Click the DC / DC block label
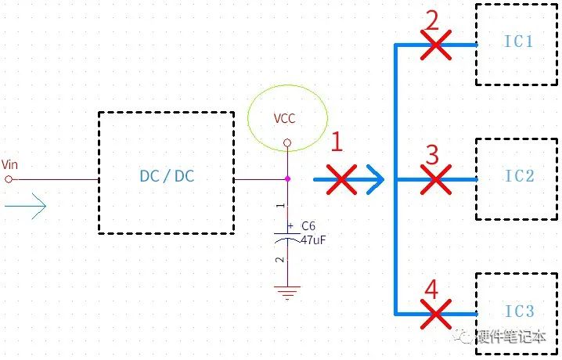tap(167, 176)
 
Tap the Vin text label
tap(9, 164)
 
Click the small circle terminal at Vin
tap(9, 179)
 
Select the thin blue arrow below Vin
tap(26, 206)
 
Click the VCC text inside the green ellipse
tap(285, 119)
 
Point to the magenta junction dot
tap(287, 178)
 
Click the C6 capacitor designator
tap(308, 226)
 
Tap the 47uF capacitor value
tap(314, 239)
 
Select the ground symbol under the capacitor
tap(287, 292)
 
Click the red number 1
tap(337, 142)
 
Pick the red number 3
tap(432, 155)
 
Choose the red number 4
tap(431, 289)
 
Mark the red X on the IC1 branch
tap(436, 45)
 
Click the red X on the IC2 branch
tap(436, 179)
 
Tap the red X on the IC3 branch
tap(436, 314)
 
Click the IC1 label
tap(519, 41)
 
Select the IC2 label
tap(520, 176)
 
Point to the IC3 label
tap(520, 311)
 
